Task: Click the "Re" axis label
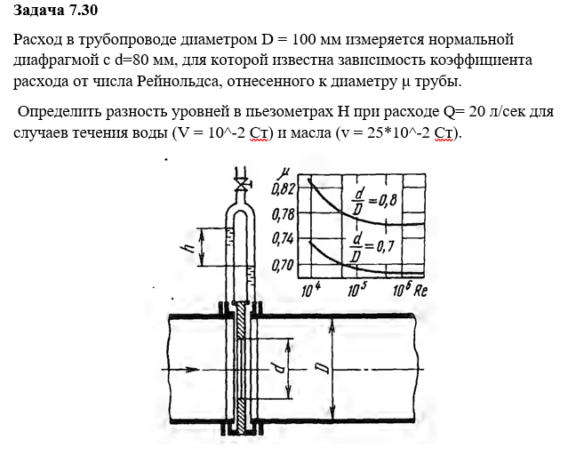pyautogui.click(x=423, y=290)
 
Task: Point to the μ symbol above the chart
pyautogui.click(x=284, y=170)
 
